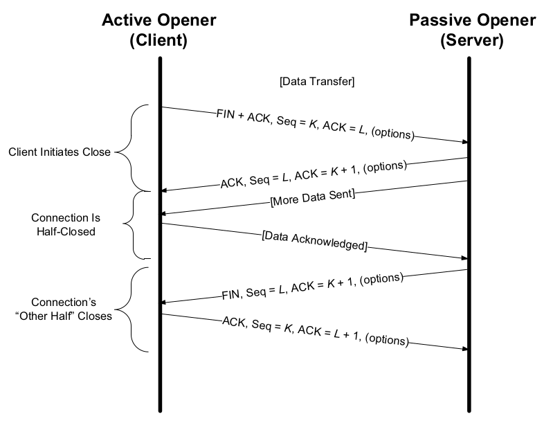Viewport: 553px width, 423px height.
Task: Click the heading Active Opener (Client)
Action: click(158, 30)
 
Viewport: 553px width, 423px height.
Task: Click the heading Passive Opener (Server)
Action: click(471, 30)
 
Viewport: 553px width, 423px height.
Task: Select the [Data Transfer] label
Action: click(317, 82)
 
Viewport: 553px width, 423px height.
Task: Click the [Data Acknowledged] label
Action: click(314, 240)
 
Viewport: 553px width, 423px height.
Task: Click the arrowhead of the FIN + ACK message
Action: click(464, 142)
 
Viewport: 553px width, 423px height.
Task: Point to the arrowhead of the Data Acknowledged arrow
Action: click(464, 258)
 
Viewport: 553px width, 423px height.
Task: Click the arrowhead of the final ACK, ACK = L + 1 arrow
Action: click(464, 348)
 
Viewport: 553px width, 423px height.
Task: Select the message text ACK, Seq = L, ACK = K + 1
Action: click(313, 174)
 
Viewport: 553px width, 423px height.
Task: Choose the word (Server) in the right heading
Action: click(471, 40)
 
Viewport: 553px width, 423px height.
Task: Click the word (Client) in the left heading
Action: click(158, 40)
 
